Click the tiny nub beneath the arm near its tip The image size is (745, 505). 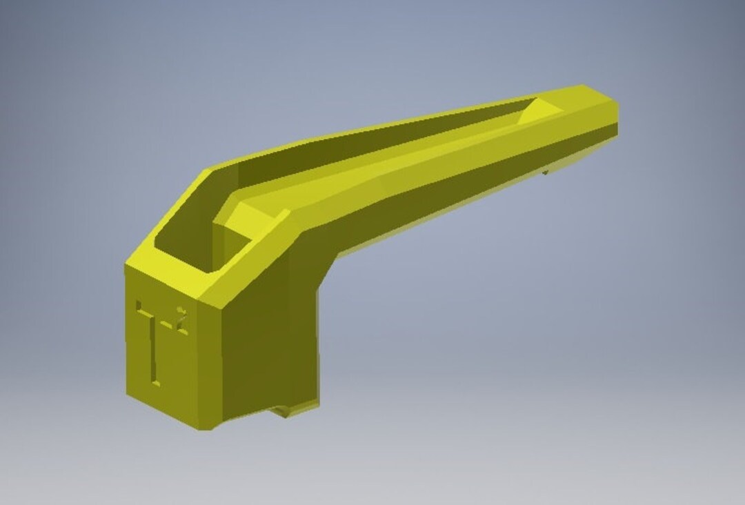545,171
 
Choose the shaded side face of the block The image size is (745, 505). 262,345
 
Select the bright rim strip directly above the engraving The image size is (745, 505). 166,279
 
